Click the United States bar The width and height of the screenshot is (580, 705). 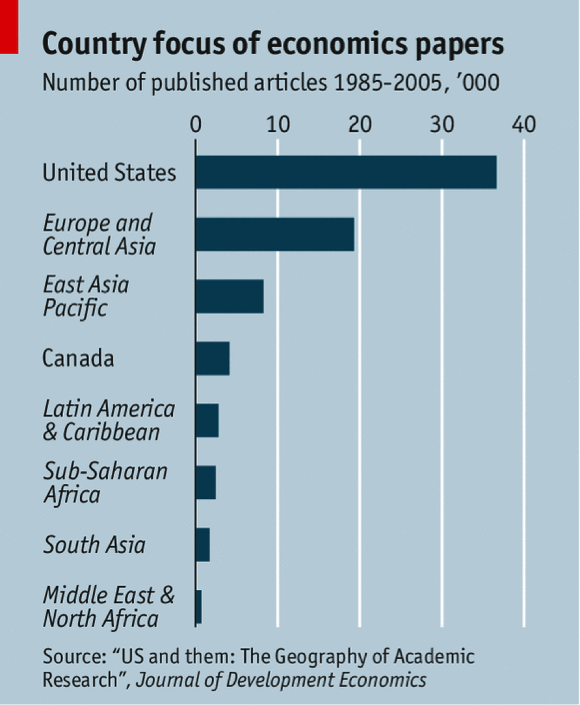(x=346, y=172)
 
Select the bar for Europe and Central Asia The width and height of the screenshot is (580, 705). (x=274, y=234)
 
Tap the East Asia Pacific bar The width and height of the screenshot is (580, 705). (x=230, y=296)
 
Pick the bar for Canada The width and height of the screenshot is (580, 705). (x=213, y=358)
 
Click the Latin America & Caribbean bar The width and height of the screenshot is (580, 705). (x=207, y=420)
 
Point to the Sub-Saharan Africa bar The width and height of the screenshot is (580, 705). (x=205, y=482)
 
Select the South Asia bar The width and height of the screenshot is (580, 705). (x=202, y=545)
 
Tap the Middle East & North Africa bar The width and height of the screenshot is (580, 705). (x=198, y=607)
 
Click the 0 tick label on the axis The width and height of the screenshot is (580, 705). (x=195, y=123)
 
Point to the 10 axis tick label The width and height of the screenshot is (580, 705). (x=277, y=123)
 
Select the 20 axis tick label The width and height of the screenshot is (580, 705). (x=359, y=123)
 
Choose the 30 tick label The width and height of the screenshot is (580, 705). (x=442, y=123)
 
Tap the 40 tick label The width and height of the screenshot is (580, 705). (x=523, y=123)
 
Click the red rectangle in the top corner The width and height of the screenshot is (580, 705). (x=8, y=26)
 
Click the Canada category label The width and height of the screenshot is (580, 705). (x=78, y=358)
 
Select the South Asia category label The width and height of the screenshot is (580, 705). (x=94, y=545)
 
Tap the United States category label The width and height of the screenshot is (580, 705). (x=109, y=172)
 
